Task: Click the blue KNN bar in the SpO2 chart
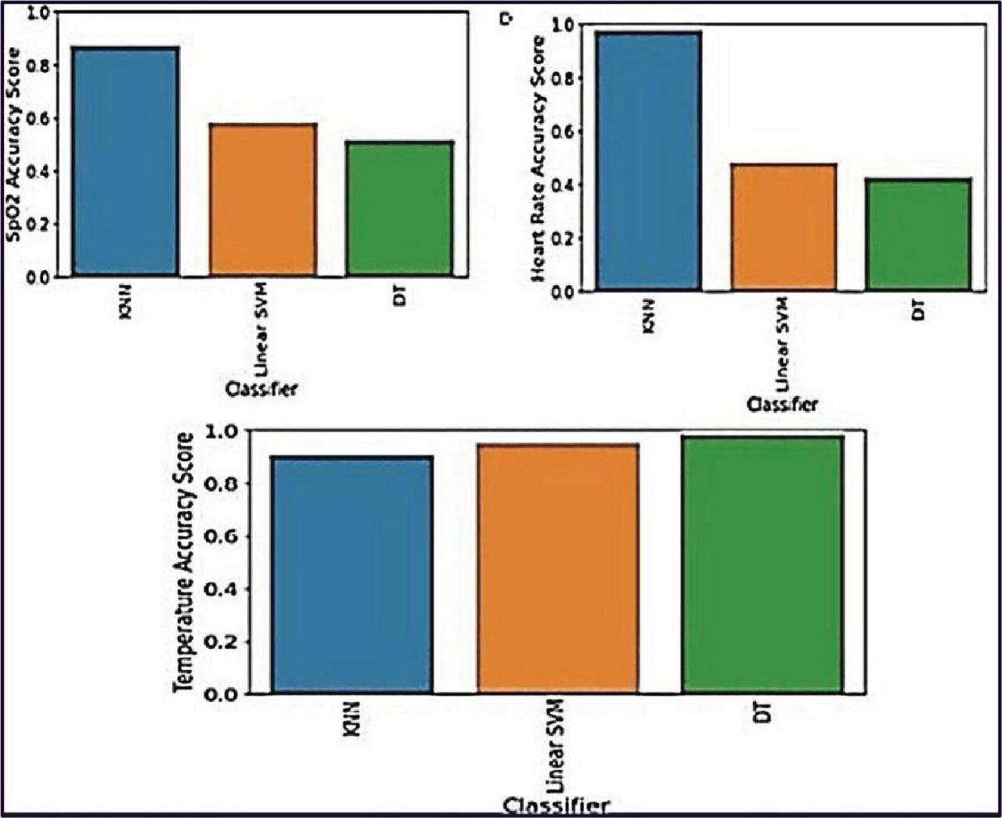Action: (125, 161)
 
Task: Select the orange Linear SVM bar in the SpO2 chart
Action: (262, 200)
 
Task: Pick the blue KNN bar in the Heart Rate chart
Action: (648, 161)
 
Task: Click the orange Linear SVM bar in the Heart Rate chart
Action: (784, 227)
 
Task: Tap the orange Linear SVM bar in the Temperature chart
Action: (558, 568)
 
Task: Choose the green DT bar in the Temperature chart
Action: (762, 564)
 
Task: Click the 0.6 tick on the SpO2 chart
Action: (38, 119)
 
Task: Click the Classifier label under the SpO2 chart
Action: (261, 389)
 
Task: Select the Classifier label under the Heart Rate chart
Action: (782, 405)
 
